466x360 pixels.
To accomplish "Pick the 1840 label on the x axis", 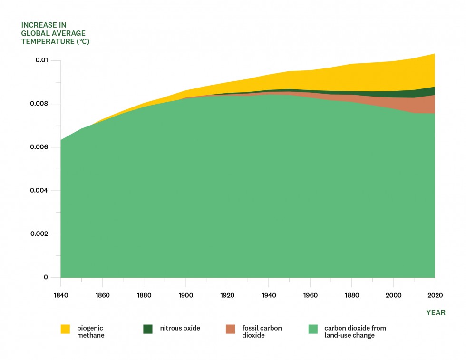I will coord(61,295).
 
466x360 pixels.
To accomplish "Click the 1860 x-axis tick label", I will coord(102,295).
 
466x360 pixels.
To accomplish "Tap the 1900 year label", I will coord(185,295).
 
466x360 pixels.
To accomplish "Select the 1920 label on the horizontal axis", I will coord(227,295).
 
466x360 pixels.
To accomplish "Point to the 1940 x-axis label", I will coord(269,295).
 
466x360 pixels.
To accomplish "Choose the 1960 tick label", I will coord(310,295).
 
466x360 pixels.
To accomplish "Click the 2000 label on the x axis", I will coord(393,295).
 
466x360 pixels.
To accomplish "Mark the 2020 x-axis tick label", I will coord(435,295).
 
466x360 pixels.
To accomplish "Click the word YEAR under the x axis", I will coord(436,312).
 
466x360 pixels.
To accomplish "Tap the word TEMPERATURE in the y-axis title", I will coord(46,41).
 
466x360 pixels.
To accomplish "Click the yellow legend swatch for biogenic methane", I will coord(65,329).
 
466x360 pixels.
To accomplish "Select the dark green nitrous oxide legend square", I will coord(148,329).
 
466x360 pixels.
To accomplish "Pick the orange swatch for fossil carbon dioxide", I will coord(231,329).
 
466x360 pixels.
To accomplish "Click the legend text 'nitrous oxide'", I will coord(180,328).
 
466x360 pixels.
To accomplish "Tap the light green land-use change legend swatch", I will coord(313,329).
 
